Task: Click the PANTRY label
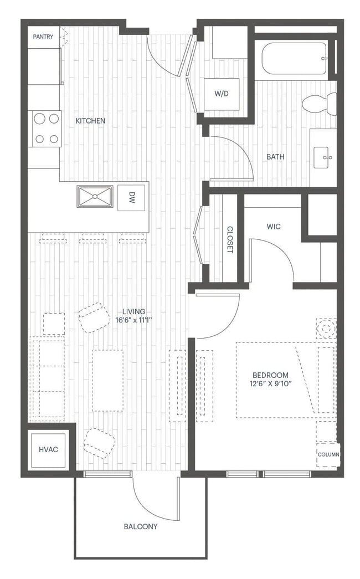point(43,37)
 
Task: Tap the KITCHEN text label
point(90,120)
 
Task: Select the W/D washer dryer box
point(222,94)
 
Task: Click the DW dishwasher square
point(132,198)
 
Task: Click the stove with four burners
point(47,129)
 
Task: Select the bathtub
point(295,58)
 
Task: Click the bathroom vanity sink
point(323,157)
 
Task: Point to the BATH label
point(275,157)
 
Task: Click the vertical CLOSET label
point(230,240)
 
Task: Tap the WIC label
point(273,226)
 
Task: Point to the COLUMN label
point(328,454)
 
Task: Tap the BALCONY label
point(141,526)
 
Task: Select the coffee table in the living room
point(107,380)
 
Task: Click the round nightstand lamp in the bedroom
point(326,329)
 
